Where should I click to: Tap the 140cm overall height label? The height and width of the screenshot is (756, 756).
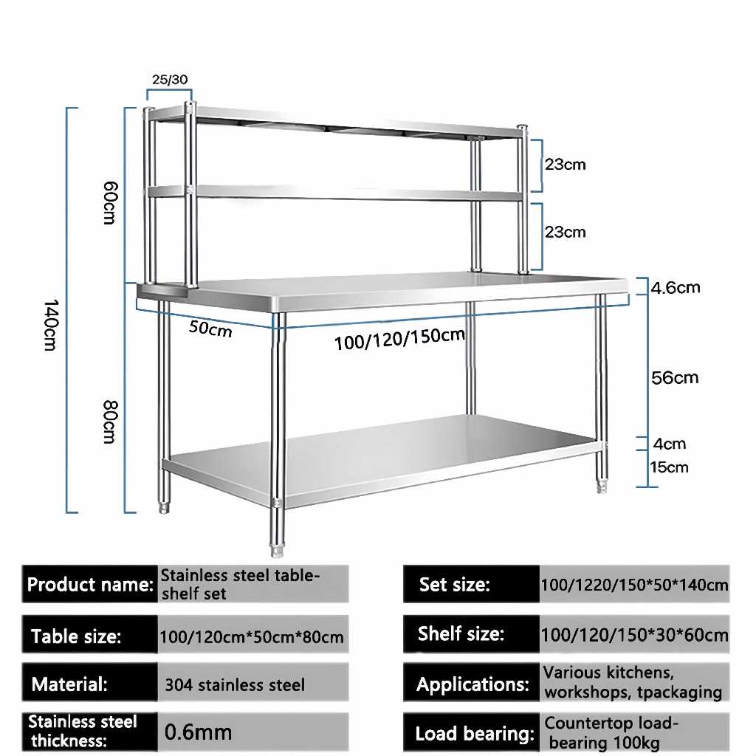pos(49,325)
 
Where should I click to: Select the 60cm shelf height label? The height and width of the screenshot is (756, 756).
pos(109,203)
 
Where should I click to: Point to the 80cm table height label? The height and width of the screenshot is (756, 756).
pos(109,421)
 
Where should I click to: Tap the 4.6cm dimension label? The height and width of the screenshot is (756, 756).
pos(676,287)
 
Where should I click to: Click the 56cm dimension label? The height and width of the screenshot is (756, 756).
pos(675,378)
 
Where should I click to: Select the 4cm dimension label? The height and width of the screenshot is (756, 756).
pos(669,444)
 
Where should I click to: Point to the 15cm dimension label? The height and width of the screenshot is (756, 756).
pos(670,467)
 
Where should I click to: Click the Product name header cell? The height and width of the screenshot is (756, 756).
pos(90,585)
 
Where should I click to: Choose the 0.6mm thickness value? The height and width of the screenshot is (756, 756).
pos(198,732)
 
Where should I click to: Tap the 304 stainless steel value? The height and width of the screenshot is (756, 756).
pos(234,685)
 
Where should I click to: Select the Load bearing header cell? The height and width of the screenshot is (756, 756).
pos(473,734)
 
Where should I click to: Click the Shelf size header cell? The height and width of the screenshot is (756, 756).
pos(461,633)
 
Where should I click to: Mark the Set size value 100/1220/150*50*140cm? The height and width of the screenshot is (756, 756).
pos(634,585)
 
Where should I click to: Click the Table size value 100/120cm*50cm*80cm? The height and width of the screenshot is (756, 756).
pos(252,636)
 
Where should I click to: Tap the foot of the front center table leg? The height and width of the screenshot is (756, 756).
pos(278,550)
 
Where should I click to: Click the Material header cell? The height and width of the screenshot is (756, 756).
pos(69,684)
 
